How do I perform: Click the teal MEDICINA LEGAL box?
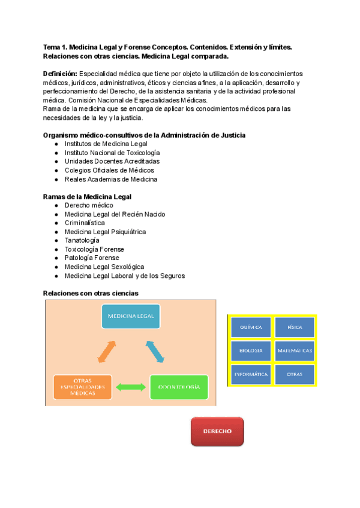point(131,316)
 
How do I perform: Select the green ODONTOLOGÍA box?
point(179,387)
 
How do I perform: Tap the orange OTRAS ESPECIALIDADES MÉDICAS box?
point(82,387)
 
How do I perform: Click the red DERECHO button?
point(217,431)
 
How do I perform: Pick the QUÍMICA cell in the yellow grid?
point(251,328)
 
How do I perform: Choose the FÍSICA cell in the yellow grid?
point(295,328)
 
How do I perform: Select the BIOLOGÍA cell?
point(251,351)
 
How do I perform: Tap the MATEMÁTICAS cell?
point(295,351)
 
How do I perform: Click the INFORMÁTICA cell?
point(251,374)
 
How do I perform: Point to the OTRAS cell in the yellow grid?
point(295,374)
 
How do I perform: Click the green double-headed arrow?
point(130,388)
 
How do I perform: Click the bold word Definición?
point(60,73)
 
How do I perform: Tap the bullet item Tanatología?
point(82,240)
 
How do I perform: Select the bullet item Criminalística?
point(88,223)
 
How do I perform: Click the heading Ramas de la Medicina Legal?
point(88,196)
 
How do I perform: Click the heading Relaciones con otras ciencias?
point(91,293)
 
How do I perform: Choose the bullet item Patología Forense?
point(92,258)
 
